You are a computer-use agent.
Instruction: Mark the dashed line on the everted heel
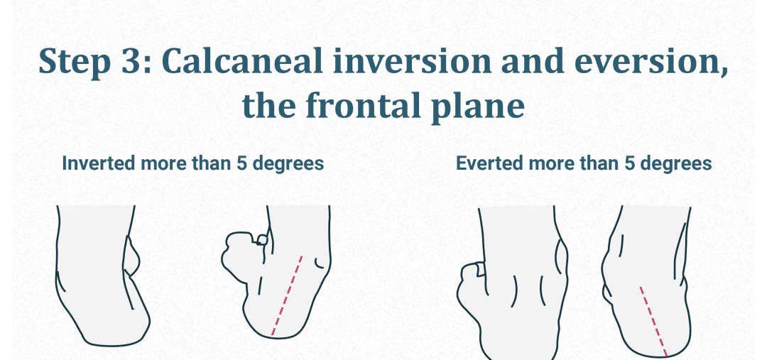point(653,320)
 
